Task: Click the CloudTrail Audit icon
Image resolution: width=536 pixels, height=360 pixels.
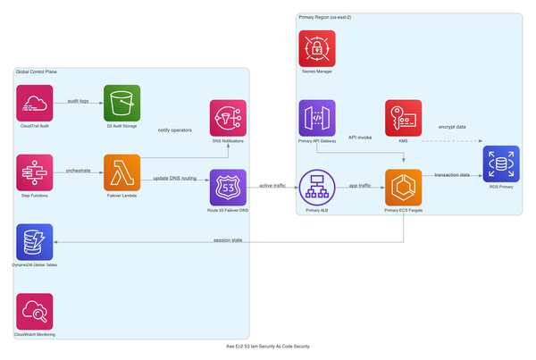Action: [x=35, y=103]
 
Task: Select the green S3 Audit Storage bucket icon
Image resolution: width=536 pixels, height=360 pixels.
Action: [x=121, y=103]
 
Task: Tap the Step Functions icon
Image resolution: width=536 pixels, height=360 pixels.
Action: [x=35, y=172]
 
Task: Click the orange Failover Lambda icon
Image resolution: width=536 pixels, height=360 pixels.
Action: [x=121, y=172]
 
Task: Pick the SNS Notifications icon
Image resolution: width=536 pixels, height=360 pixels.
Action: [x=227, y=118]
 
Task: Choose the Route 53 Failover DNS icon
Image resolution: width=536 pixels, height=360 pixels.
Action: [x=227, y=188]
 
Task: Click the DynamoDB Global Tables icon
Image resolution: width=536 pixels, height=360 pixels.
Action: [x=35, y=241]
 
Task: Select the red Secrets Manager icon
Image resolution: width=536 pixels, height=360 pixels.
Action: [x=317, y=48]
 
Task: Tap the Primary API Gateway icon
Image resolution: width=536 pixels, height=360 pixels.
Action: [x=317, y=118]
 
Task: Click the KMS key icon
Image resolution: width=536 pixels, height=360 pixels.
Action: [x=403, y=118]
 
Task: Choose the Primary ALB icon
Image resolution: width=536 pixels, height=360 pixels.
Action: [x=317, y=188]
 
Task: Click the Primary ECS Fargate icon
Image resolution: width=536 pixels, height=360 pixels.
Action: [x=403, y=188]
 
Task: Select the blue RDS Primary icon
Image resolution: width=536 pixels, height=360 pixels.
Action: [x=500, y=163]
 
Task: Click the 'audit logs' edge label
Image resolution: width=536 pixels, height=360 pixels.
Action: [x=78, y=101]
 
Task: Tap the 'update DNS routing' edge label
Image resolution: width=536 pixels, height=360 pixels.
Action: [x=174, y=180]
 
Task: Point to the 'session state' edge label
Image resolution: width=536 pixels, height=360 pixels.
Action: [x=228, y=239]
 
